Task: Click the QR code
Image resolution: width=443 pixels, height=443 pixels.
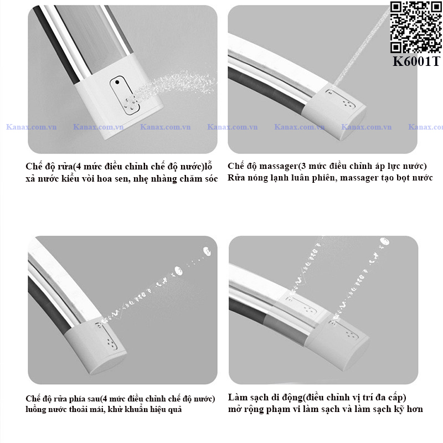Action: (x=416, y=27)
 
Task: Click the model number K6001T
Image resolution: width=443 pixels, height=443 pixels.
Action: (x=416, y=61)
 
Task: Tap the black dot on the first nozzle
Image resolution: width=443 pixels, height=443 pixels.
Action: (x=117, y=82)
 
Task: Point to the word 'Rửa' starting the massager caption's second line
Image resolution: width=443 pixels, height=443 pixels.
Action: (x=235, y=178)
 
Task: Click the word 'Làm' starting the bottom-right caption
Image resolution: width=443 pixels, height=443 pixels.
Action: (x=236, y=397)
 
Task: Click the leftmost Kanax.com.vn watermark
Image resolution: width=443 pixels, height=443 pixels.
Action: (x=32, y=127)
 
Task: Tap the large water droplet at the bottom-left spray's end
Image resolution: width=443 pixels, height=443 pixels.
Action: (x=207, y=251)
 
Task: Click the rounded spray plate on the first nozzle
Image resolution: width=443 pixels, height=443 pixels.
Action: (x=125, y=95)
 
